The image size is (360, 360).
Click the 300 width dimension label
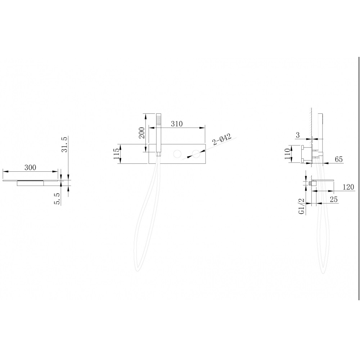(30, 167)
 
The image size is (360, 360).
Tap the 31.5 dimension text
(64, 144)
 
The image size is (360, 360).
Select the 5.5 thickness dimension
(57, 199)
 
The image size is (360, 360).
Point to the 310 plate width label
(177, 124)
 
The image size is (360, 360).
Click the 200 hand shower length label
(142, 133)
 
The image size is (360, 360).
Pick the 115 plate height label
(116, 154)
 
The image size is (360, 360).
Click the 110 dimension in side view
(287, 154)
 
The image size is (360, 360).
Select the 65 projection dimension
(339, 159)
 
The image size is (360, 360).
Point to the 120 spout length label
(348, 187)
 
